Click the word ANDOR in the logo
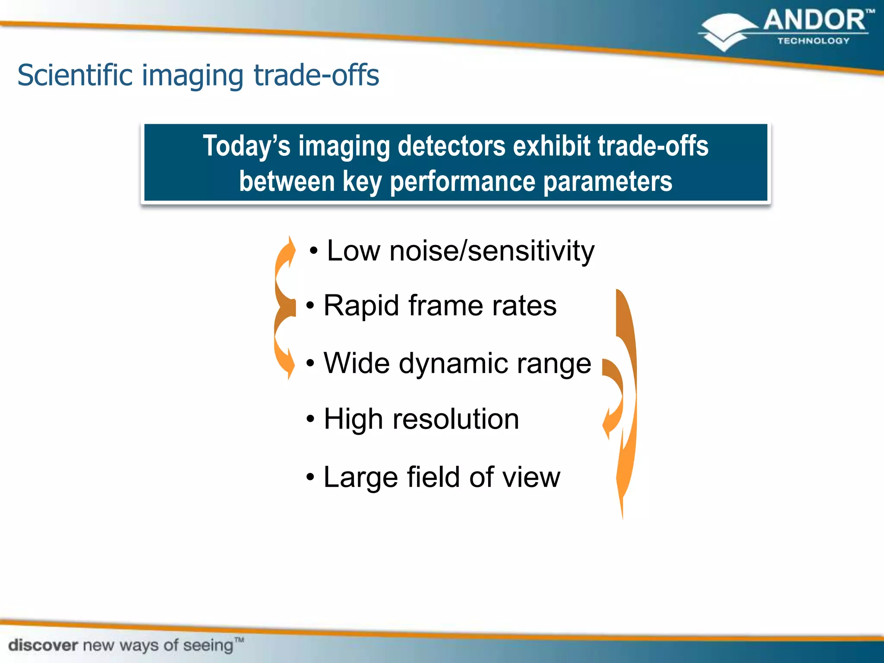(x=814, y=21)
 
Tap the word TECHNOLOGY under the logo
(x=813, y=41)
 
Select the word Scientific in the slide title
(x=75, y=76)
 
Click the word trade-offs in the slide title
(x=316, y=76)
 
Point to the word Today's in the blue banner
(x=246, y=146)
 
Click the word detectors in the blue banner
(x=451, y=146)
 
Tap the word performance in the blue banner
(x=462, y=181)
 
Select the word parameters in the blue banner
(x=607, y=181)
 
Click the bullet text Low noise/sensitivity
(x=460, y=251)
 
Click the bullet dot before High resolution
(x=310, y=419)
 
